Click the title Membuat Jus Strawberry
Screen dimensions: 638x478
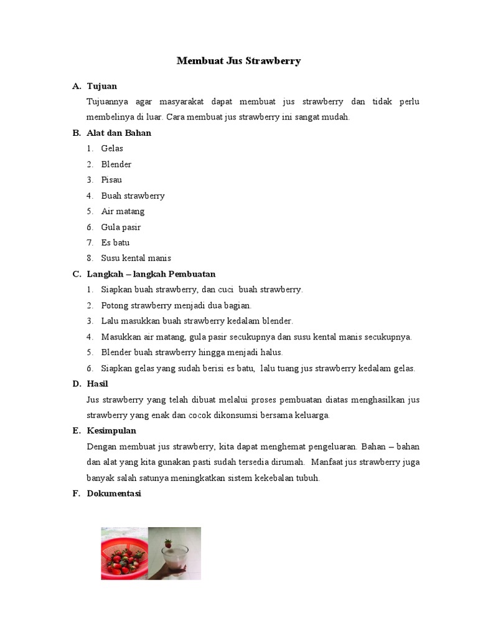click(238, 60)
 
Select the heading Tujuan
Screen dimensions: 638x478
click(102, 86)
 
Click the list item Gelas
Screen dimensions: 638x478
click(112, 148)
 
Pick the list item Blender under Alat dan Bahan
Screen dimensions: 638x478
click(116, 164)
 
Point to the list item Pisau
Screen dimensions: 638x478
click(111, 180)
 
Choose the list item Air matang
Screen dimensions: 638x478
click(123, 211)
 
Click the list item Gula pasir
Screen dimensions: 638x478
click(121, 227)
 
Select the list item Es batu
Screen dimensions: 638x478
click(115, 243)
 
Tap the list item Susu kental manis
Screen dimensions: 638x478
click(136, 259)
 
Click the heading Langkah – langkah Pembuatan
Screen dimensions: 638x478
click(151, 274)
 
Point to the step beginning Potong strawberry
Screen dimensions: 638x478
click(176, 305)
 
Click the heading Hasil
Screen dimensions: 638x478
click(98, 384)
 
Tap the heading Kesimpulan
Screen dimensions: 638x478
click(111, 431)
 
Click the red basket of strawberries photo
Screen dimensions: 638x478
click(124, 553)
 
